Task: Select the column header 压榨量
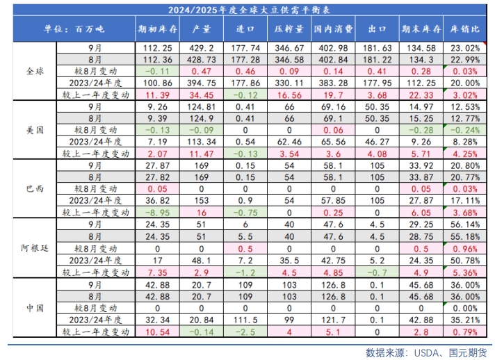point(289,30)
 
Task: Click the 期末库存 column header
point(421,30)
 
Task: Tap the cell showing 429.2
point(201,49)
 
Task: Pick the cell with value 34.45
point(201,94)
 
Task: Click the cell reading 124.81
point(201,106)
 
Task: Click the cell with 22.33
point(421,94)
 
